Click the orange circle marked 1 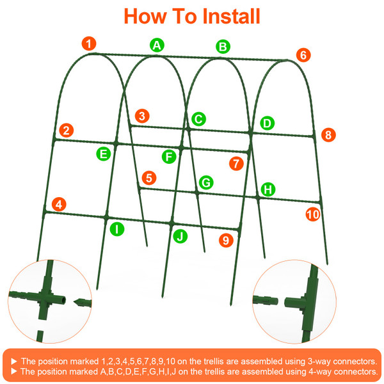pyautogui.click(x=89, y=44)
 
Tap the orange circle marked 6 pyautogui.click(x=303, y=55)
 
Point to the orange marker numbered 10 pyautogui.click(x=313, y=214)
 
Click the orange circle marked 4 pyautogui.click(x=60, y=205)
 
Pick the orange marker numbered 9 pyautogui.click(x=225, y=241)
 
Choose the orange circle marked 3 pyautogui.click(x=143, y=116)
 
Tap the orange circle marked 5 pyautogui.click(x=149, y=177)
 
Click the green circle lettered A pyautogui.click(x=157, y=45)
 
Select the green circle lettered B pyautogui.click(x=223, y=46)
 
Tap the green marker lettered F pyautogui.click(x=169, y=156)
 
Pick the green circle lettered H pyautogui.click(x=268, y=189)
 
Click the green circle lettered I pyautogui.click(x=116, y=228)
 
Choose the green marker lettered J pyautogui.click(x=181, y=236)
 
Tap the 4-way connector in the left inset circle pyautogui.click(x=46, y=298)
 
